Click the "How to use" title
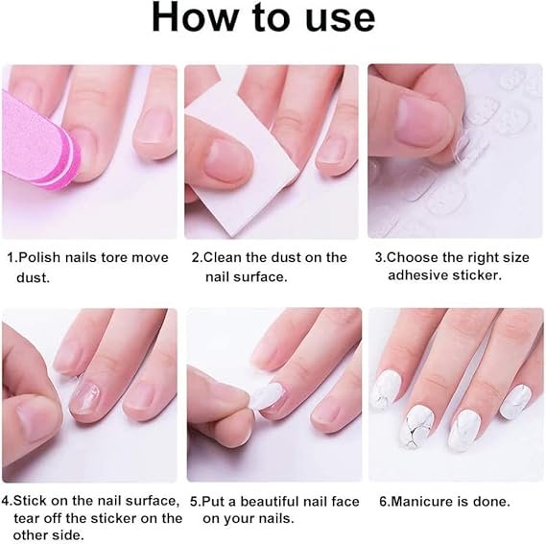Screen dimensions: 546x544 (x=264, y=17)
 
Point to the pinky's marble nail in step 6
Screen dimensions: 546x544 (x=515, y=402)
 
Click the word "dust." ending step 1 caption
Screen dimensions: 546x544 (x=33, y=277)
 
